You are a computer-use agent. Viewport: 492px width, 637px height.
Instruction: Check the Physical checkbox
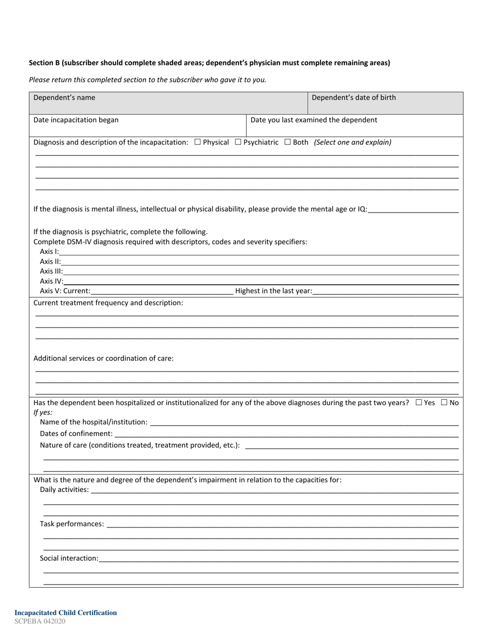(197, 142)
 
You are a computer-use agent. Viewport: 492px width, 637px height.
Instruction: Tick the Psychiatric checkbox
(238, 142)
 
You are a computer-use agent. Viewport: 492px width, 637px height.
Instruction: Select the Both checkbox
(287, 142)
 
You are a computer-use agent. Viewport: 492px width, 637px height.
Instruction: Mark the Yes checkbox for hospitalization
(418, 402)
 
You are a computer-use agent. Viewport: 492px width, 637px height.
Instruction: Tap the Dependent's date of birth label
(354, 97)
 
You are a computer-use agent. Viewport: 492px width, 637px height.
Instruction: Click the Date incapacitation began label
(76, 120)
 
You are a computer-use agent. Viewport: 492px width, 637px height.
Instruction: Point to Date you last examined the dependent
(314, 120)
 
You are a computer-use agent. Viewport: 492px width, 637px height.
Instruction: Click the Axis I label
(49, 252)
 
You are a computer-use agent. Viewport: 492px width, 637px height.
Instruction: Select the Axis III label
(51, 271)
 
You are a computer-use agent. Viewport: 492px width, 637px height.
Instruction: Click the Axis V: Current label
(65, 291)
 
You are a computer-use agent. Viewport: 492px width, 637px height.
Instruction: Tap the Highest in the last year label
(273, 291)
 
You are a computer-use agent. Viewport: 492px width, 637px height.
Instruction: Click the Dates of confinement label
(76, 433)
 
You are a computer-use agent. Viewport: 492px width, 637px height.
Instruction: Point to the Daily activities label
(64, 489)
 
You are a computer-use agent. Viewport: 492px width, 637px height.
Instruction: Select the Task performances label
(72, 524)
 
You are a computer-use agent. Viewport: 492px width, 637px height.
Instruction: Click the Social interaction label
(69, 558)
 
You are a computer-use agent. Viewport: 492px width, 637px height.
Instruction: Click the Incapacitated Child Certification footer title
(66, 613)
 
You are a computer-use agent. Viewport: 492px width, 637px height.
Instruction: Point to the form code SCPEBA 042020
(40, 621)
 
